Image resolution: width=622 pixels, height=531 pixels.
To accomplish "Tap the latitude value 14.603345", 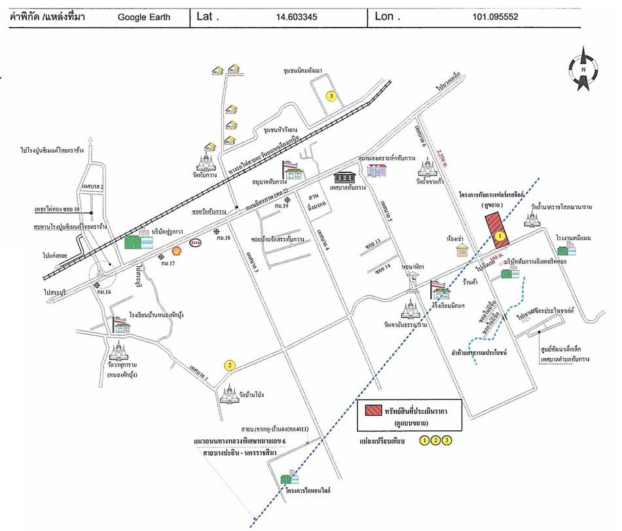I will coord(297,17).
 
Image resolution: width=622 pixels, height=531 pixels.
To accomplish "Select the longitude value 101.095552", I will coord(494,17).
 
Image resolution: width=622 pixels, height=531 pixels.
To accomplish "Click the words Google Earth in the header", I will coord(144,17).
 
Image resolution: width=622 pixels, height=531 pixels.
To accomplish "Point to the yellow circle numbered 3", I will coord(332,97).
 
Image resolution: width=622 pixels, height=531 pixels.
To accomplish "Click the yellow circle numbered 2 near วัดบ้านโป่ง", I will coord(230,365).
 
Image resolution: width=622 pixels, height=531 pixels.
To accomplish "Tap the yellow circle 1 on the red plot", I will coord(500,234).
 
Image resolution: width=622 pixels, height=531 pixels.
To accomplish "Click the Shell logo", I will coord(176,249).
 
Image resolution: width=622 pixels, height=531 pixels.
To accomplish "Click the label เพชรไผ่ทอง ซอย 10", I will coord(57,209).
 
